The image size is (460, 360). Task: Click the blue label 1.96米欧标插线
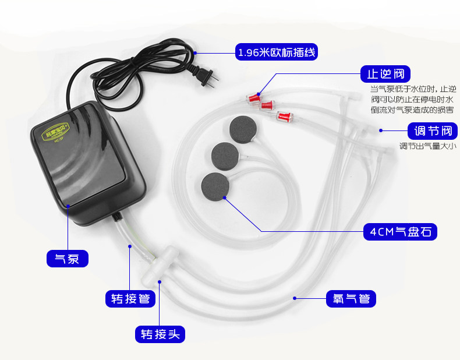coord(277,53)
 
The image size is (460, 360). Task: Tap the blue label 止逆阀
coord(385,75)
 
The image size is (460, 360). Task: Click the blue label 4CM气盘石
coord(399,231)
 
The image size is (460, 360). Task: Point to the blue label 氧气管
coord(351,299)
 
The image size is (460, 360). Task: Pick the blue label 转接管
coord(130,299)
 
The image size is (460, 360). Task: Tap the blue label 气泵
coord(67,259)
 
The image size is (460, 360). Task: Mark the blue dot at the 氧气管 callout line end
coord(295,298)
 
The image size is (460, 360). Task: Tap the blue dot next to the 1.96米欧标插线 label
coord(196,53)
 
